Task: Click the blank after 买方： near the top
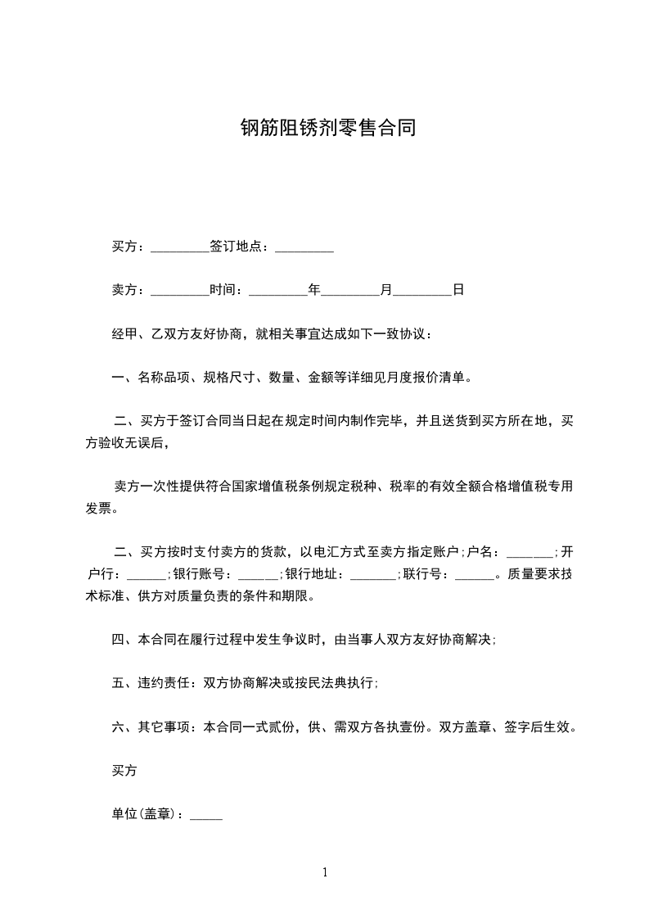pyautogui.click(x=180, y=247)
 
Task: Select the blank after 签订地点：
pyautogui.click(x=304, y=247)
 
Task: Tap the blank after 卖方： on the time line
pyautogui.click(x=180, y=291)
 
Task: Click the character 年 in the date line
pyautogui.click(x=313, y=290)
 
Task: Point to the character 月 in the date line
pyautogui.click(x=386, y=290)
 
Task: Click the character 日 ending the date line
pyautogui.click(x=458, y=290)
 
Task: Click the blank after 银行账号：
pyautogui.click(x=256, y=576)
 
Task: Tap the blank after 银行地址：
pyautogui.click(x=372, y=576)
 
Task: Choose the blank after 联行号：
pyautogui.click(x=474, y=576)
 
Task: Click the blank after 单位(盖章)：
pyautogui.click(x=205, y=817)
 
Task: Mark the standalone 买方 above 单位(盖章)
pyautogui.click(x=124, y=771)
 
